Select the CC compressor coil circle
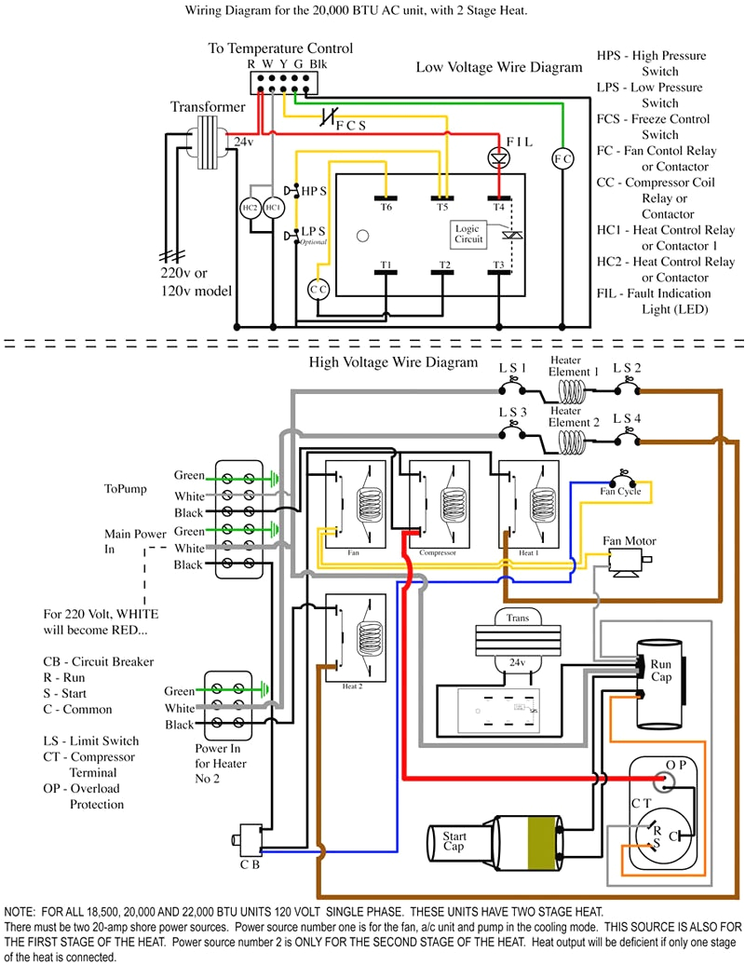318,290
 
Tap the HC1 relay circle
273,208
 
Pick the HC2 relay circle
250,208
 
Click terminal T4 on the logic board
497,198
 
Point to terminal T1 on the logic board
385,268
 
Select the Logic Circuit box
468,234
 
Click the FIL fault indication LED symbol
497,158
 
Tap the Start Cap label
454,841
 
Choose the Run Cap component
659,671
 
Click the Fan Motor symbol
625,559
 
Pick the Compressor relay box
438,510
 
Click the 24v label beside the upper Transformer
243,142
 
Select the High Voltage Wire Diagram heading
393,361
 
